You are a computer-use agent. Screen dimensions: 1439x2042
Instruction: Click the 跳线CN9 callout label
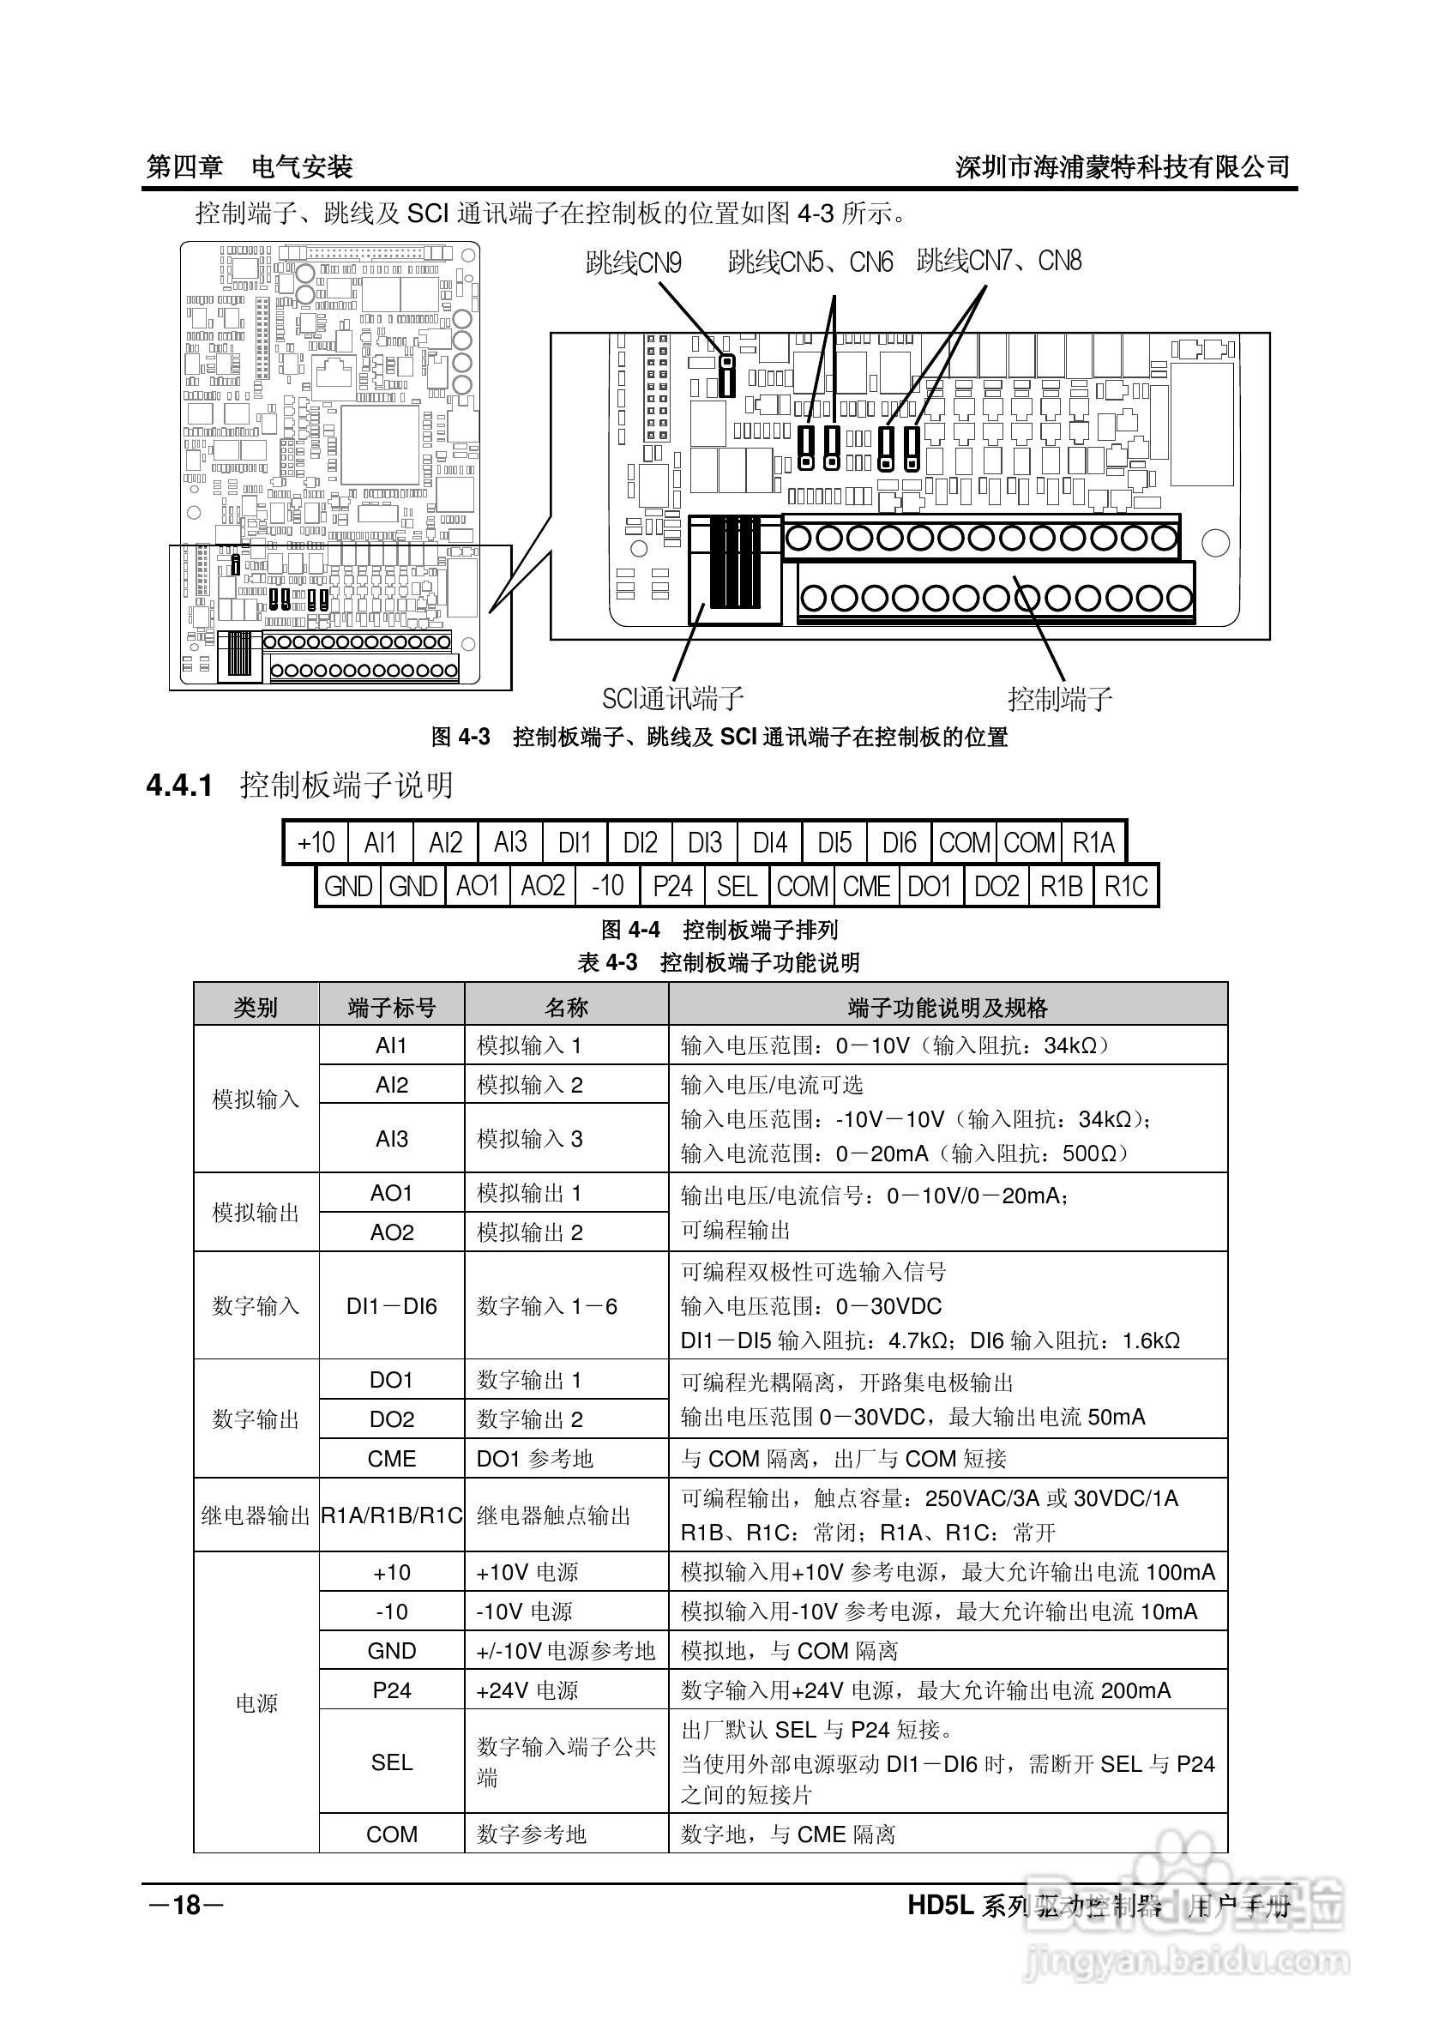[633, 262]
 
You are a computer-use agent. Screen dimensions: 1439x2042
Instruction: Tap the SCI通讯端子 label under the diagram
[672, 698]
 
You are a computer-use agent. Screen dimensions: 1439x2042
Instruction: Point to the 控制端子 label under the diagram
[1059, 699]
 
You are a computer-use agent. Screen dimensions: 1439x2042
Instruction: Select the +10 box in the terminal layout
[316, 842]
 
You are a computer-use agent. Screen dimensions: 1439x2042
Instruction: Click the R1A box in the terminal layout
[1093, 842]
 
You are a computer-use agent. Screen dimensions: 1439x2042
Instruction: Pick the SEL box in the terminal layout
[737, 887]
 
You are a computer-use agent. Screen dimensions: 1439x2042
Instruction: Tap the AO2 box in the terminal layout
[543, 887]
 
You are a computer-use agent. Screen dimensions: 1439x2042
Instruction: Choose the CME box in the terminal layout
[866, 887]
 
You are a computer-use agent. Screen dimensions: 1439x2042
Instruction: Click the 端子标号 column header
[391, 1008]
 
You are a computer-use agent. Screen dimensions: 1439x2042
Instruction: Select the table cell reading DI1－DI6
[391, 1306]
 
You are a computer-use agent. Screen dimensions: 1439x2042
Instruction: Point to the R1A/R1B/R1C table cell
[391, 1515]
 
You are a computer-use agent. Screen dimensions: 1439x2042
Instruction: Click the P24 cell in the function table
[391, 1690]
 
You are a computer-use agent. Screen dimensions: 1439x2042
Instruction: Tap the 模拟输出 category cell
[256, 1213]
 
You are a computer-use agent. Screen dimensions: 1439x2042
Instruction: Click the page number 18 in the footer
[187, 1905]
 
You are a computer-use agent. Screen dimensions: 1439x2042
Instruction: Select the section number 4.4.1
[178, 786]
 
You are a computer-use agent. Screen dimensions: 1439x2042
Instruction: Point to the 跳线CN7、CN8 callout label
[999, 261]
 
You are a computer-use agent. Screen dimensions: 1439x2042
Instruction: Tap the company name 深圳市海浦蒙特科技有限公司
[1123, 167]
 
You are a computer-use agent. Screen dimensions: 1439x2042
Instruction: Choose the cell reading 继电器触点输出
[553, 1515]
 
